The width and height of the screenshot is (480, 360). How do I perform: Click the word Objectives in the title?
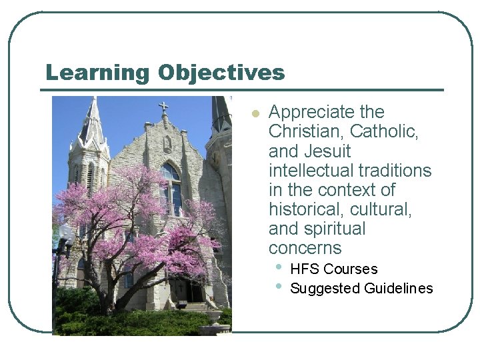(x=221, y=72)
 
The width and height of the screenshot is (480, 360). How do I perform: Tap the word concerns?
(x=305, y=248)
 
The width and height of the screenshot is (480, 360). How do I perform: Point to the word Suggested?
(x=325, y=289)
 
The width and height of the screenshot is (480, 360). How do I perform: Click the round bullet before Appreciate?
(x=254, y=113)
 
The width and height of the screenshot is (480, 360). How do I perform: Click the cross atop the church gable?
(x=163, y=106)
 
